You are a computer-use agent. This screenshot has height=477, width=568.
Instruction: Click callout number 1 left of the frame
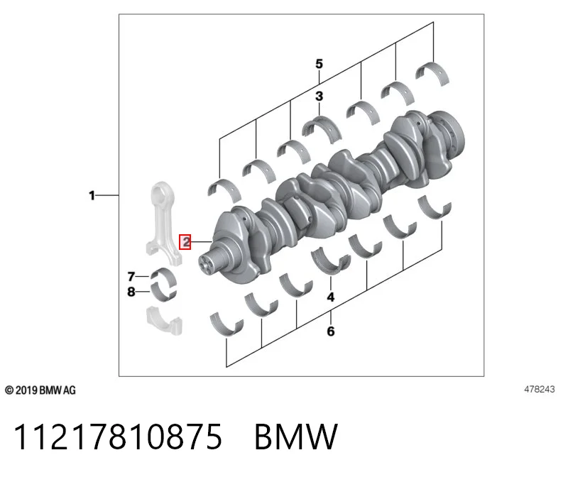click(92, 196)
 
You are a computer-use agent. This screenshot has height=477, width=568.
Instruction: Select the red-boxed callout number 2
click(185, 241)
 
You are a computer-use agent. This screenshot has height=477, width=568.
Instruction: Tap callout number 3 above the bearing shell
click(319, 97)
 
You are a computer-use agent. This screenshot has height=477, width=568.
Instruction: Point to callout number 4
click(331, 297)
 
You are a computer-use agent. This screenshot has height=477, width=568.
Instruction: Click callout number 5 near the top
click(319, 64)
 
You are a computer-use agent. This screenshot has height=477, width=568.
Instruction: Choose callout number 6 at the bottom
click(331, 331)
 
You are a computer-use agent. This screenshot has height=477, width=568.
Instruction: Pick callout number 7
click(131, 277)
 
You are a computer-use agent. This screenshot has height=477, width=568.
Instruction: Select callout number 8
click(131, 292)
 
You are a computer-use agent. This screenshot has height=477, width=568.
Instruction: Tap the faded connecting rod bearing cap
click(164, 321)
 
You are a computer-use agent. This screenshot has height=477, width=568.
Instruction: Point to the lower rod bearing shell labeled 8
click(164, 293)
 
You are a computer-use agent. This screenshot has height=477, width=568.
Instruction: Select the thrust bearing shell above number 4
click(331, 261)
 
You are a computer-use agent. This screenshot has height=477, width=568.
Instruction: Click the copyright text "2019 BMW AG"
click(45, 390)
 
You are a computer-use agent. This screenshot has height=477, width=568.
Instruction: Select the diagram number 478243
click(539, 390)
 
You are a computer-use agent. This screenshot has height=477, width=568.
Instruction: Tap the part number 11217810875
click(118, 437)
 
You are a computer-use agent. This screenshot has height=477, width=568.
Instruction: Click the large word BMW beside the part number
click(296, 437)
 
